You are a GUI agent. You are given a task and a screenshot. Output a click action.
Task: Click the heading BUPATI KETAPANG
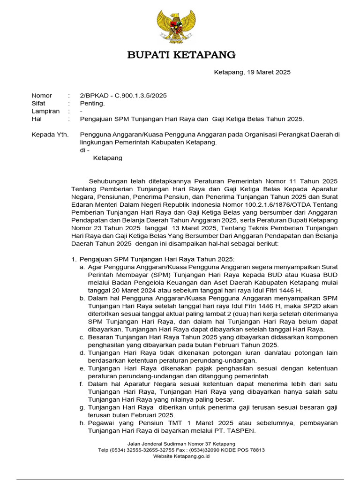181,55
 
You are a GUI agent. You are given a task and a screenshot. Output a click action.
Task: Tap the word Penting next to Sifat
92,103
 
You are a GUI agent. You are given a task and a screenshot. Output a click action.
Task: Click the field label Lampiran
45,111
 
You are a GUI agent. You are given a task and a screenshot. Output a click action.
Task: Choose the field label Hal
37,119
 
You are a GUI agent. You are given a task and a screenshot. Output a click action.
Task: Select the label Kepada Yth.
50,135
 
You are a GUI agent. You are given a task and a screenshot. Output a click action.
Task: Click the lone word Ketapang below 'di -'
107,158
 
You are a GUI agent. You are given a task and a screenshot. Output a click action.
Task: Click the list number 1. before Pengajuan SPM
74,259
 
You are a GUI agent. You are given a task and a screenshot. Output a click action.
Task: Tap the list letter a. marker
82,267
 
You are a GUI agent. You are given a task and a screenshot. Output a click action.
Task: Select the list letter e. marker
82,368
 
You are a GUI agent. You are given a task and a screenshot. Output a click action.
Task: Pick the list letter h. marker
82,423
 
